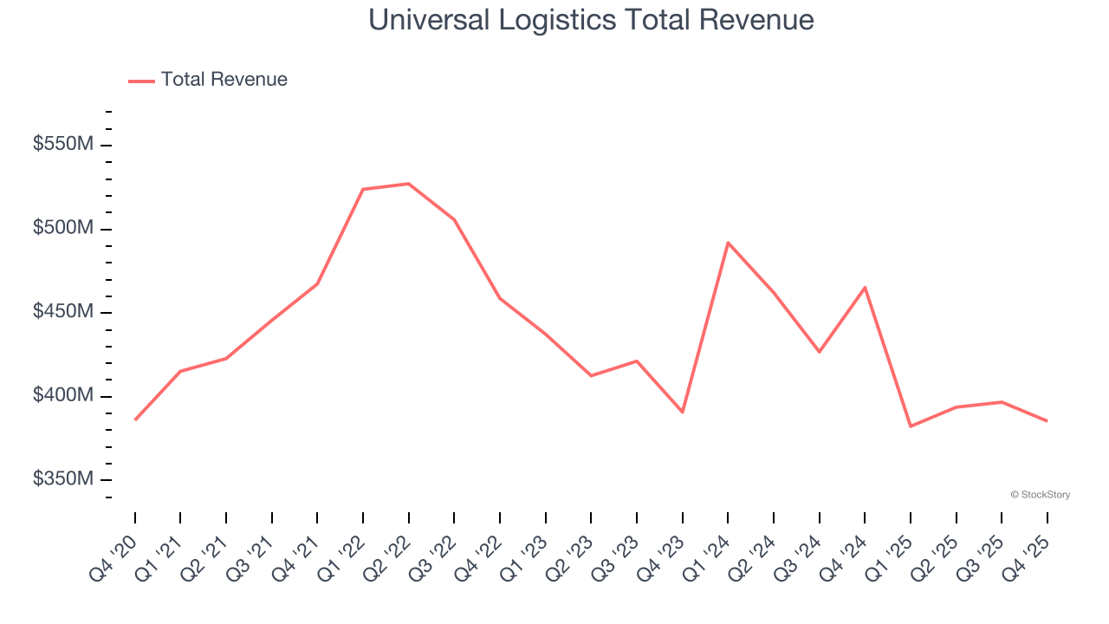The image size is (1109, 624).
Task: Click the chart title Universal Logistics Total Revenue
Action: (591, 20)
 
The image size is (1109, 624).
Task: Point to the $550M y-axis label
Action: (62, 145)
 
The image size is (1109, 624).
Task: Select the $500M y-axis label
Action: (62, 229)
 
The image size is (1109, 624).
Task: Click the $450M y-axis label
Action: (62, 312)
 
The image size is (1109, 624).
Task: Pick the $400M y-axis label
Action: (62, 396)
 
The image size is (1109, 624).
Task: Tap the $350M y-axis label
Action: (62, 479)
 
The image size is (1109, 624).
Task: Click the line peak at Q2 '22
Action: (408, 184)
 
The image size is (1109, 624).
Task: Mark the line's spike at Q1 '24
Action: (728, 243)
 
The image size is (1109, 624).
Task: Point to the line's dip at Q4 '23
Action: (683, 412)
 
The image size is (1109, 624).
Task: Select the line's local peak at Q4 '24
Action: (865, 287)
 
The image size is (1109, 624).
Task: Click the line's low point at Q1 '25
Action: (911, 426)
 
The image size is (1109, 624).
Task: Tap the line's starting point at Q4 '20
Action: (135, 419)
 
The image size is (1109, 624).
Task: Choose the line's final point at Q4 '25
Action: (1047, 421)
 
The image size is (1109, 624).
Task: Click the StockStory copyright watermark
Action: (1040, 495)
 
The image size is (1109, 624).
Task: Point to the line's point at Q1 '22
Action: (363, 189)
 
